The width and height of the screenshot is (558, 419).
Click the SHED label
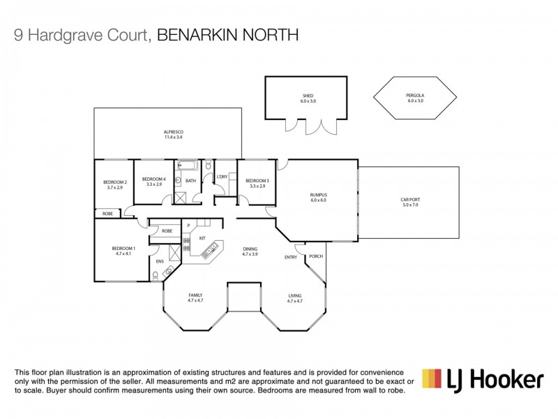tap(308, 95)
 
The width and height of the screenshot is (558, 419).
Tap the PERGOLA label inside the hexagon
tap(415, 95)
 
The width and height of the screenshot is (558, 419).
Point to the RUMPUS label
tap(318, 195)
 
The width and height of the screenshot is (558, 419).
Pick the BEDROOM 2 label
tap(114, 182)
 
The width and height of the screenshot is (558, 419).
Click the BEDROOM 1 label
tap(123, 249)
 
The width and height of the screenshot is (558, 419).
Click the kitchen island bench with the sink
tap(212, 249)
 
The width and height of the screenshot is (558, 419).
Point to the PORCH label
tap(316, 256)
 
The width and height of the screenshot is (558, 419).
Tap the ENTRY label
tap(290, 257)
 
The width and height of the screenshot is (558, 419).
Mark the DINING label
tap(250, 249)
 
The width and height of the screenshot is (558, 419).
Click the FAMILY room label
tap(195, 295)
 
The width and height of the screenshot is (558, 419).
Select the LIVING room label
tap(294, 295)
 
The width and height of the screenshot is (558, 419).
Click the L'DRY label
tap(222, 177)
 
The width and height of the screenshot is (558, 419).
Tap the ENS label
tap(160, 261)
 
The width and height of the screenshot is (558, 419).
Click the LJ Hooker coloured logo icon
tap(432, 379)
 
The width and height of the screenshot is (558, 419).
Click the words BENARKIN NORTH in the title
tap(227, 35)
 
